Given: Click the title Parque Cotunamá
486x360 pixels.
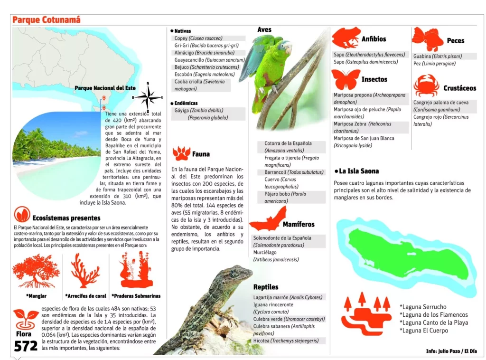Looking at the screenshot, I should tap(47, 20).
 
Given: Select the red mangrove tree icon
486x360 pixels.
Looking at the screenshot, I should tap(36, 271).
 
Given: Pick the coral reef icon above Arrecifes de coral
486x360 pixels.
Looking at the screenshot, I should tap(85, 271).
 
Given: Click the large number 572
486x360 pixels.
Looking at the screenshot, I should tap(26, 346).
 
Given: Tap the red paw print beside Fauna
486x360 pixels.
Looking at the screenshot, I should tap(181, 153).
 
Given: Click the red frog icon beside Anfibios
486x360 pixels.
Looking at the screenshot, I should tap(345, 38).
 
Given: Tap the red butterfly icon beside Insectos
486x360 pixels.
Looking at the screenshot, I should tap(346, 79).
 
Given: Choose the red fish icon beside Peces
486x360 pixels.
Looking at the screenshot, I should tap(427, 38).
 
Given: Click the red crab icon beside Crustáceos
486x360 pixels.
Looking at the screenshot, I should tap(426, 86).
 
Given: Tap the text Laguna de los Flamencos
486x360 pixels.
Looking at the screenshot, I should tap(434, 314).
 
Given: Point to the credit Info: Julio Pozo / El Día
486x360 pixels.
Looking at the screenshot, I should tap(451, 351).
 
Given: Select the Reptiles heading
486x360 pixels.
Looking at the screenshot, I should tap(266, 287).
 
